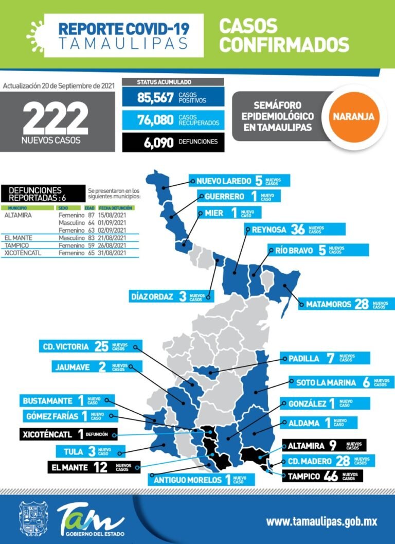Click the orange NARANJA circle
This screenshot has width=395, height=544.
[353, 116]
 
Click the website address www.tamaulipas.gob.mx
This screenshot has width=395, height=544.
[321, 521]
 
